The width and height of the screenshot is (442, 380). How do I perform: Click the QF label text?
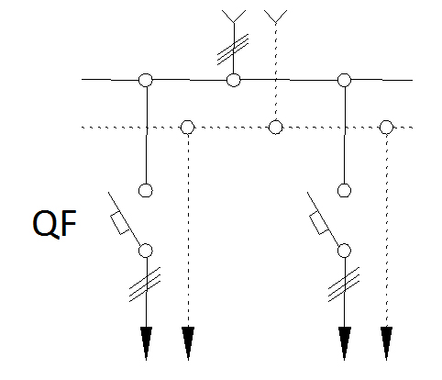tap(54, 224)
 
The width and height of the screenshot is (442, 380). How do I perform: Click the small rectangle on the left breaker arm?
tap(120, 223)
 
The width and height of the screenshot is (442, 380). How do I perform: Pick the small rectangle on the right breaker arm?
tap(319, 223)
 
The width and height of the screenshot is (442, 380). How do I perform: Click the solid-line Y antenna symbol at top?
tap(234, 17)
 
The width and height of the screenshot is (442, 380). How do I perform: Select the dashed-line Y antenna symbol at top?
tap(276, 17)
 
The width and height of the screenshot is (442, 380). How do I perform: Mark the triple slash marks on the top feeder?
tap(233, 50)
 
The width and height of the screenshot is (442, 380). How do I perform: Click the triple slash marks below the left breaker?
tap(145, 285)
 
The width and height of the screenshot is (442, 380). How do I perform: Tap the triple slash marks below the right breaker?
tap(344, 285)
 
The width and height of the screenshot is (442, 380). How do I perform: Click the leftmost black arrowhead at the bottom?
tap(146, 343)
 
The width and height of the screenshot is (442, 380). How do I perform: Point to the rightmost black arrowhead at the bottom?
tap(386, 343)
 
